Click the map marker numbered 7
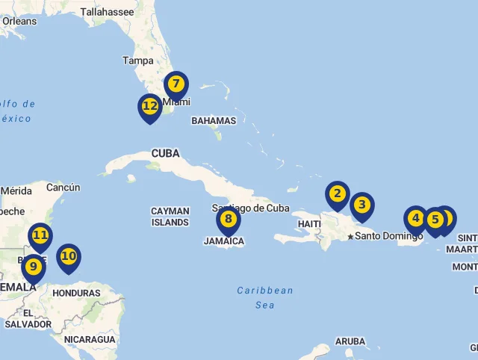pyautogui.click(x=176, y=84)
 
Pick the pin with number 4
pyautogui.click(x=416, y=219)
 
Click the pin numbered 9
pyautogui.click(x=33, y=267)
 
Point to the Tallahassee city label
pyautogui.click(x=107, y=12)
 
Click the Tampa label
pyautogui.click(x=137, y=60)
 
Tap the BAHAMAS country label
pyautogui.click(x=214, y=120)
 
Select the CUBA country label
pyautogui.click(x=166, y=153)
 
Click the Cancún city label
pyautogui.click(x=63, y=187)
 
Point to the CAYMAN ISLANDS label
pyautogui.click(x=170, y=217)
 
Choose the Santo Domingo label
pyautogui.click(x=388, y=236)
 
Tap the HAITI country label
pyautogui.click(x=309, y=223)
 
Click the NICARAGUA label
pyautogui.click(x=90, y=339)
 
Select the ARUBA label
pyautogui.click(x=350, y=341)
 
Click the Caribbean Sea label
pyautogui.click(x=265, y=297)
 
